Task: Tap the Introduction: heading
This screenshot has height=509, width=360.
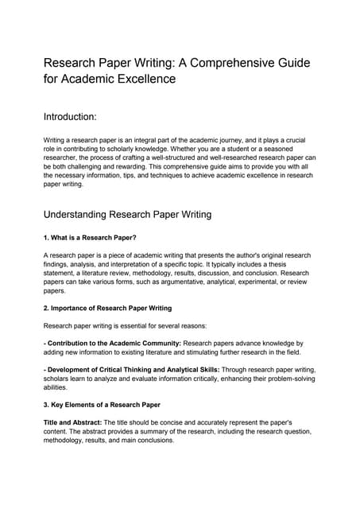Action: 70,117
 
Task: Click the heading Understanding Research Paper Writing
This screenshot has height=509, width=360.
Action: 127,214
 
